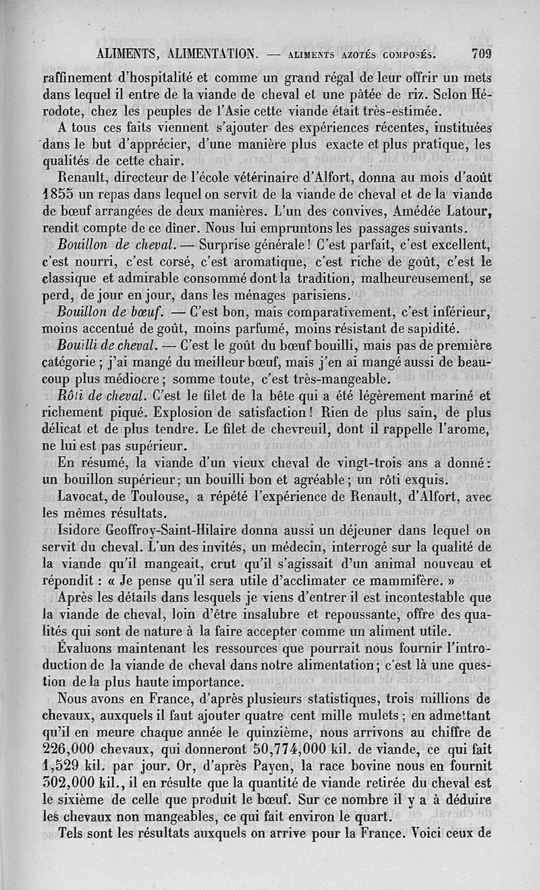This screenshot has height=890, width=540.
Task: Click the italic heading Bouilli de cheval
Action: point(108,347)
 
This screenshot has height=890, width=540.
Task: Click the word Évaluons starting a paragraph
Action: point(92,650)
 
